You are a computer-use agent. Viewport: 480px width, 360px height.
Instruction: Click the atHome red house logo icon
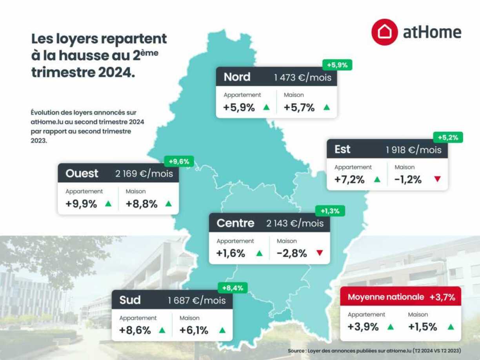[385, 32]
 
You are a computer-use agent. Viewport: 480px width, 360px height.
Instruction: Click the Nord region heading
[237, 77]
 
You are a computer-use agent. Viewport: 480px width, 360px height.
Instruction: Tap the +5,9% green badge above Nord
[337, 65]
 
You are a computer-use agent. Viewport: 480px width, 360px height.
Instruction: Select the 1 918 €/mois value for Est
[413, 149]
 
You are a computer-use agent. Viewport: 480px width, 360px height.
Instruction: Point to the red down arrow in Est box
[437, 179]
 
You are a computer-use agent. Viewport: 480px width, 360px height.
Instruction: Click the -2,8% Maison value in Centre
[292, 253]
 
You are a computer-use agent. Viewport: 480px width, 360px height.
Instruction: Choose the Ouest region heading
[82, 173]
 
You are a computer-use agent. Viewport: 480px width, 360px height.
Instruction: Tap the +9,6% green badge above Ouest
[179, 161]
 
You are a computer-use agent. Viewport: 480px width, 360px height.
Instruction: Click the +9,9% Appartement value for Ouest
[82, 204]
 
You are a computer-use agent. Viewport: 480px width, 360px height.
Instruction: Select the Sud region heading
[130, 300]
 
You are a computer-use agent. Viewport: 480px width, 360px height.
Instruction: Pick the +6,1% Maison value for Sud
[194, 330]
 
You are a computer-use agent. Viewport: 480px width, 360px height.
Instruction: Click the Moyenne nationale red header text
[386, 297]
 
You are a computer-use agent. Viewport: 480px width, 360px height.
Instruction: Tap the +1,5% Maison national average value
[422, 327]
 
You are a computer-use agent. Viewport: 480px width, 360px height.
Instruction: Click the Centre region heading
[235, 223]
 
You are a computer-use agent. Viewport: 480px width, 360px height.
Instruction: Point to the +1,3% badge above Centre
[330, 211]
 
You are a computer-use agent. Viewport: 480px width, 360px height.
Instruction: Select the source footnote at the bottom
[374, 350]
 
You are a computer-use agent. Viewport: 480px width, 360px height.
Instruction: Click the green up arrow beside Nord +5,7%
[326, 107]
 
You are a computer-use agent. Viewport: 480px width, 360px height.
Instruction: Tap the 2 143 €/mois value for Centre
[295, 223]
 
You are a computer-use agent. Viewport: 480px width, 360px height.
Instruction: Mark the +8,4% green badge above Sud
[233, 288]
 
